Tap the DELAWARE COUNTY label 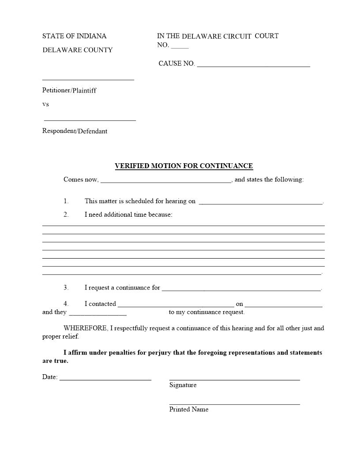pyautogui.click(x=77, y=50)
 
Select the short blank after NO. pyautogui.click(x=180, y=46)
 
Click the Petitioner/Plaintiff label pyautogui.click(x=69, y=90)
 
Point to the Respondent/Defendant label pyautogui.click(x=75, y=131)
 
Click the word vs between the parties pyautogui.click(x=45, y=105)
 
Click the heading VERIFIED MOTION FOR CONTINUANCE pyautogui.click(x=184, y=166)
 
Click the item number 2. pyautogui.click(x=66, y=215)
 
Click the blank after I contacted pyautogui.click(x=176, y=305)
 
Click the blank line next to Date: pyautogui.click(x=105, y=379)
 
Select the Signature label pyautogui.click(x=183, y=385)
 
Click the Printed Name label pyautogui.click(x=189, y=410)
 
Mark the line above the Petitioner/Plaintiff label pyautogui.click(x=88, y=80)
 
